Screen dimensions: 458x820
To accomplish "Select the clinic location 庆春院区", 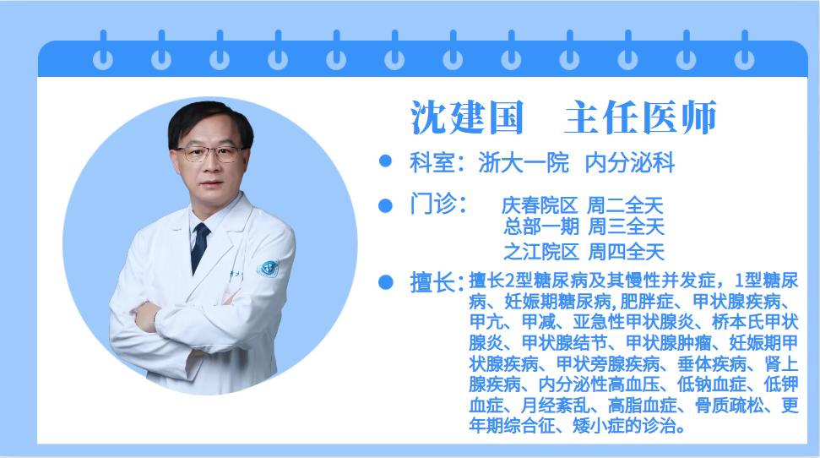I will (x=540, y=205).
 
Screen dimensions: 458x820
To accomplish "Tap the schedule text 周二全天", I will (x=626, y=205).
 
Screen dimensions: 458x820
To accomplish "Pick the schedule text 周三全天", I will (x=626, y=226).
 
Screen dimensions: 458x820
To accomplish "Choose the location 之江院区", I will (x=540, y=251).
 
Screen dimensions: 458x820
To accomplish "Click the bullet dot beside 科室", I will (x=386, y=161).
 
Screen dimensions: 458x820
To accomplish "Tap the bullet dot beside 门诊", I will (x=386, y=204).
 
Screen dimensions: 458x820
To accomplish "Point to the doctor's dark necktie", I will (x=200, y=245).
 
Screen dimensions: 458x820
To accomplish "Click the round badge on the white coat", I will (x=269, y=267).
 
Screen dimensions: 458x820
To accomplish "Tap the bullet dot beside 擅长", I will (x=386, y=281).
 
